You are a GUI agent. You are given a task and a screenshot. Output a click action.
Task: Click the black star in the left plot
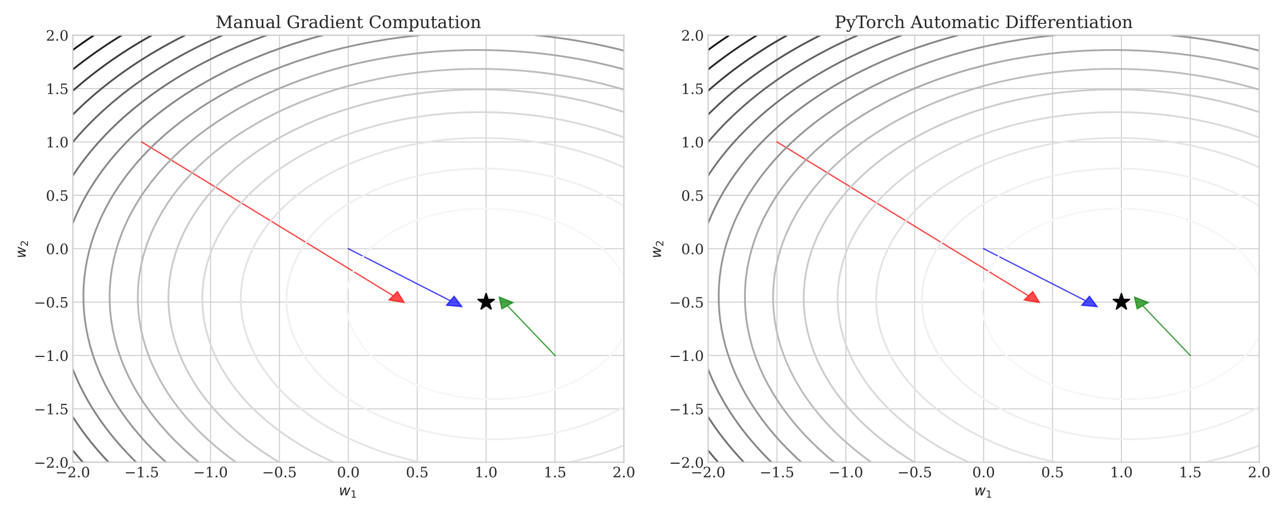486,302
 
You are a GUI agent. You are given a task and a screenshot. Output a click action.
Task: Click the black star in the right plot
1121,302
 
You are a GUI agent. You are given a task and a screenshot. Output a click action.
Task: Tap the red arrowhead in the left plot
397,298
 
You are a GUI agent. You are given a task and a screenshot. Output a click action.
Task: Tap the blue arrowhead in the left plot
454,302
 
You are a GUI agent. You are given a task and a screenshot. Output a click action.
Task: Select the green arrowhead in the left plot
505,303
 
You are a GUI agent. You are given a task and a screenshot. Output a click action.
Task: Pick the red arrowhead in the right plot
1032,298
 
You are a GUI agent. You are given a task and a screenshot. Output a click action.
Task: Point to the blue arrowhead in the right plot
1090,302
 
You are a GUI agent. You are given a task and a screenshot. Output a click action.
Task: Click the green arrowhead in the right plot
1140,303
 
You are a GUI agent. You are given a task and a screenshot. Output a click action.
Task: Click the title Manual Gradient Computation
348,22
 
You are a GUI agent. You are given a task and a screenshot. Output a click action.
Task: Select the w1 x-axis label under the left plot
348,491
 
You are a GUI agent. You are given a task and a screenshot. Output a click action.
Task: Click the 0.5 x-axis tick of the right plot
1053,473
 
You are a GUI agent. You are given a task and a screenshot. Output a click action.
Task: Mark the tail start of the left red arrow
142,142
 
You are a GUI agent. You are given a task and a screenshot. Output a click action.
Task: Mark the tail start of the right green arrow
1190,355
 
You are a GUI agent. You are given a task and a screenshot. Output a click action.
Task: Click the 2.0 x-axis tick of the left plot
624,473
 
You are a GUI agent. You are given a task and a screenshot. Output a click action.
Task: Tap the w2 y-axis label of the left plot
22,249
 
